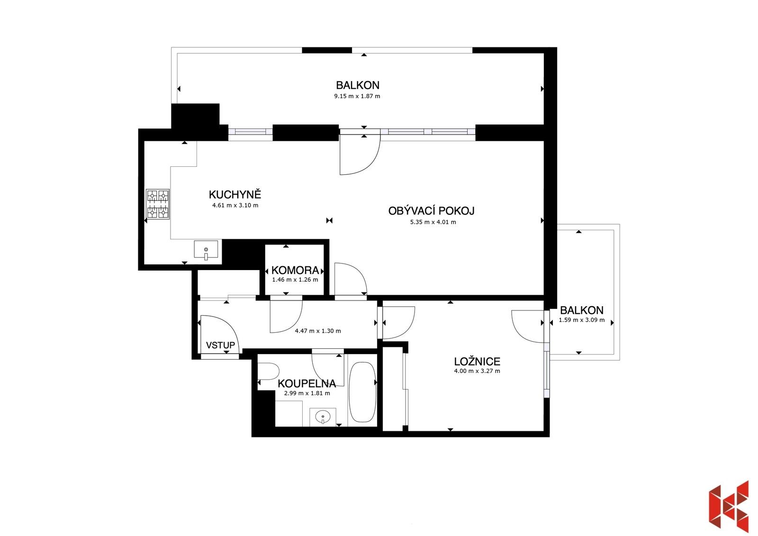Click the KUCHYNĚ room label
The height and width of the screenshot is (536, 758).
coord(235,194)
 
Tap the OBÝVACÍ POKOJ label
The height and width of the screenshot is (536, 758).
coord(431,211)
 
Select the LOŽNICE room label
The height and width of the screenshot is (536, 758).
coord(477,362)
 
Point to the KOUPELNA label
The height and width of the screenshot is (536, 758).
coord(307,383)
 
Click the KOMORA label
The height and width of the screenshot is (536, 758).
coord(295,271)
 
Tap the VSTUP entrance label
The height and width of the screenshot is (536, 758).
coord(220,345)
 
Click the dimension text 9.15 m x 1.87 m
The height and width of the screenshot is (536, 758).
coord(357,96)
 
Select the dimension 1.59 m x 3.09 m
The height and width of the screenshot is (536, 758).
coord(581,320)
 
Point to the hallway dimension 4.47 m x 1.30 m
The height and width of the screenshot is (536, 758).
coord(317,331)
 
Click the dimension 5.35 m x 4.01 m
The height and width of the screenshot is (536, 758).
coord(433,222)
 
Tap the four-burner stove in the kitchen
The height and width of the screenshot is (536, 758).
coord(158,204)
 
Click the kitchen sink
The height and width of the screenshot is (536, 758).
coord(206,250)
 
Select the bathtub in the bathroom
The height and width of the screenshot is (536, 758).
coord(362,392)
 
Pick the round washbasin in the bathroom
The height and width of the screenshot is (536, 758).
coord(323,418)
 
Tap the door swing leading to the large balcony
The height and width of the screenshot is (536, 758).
coord(359,154)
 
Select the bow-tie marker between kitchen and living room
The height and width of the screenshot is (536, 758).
coord(330,220)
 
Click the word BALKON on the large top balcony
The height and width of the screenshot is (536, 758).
coord(357,85)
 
